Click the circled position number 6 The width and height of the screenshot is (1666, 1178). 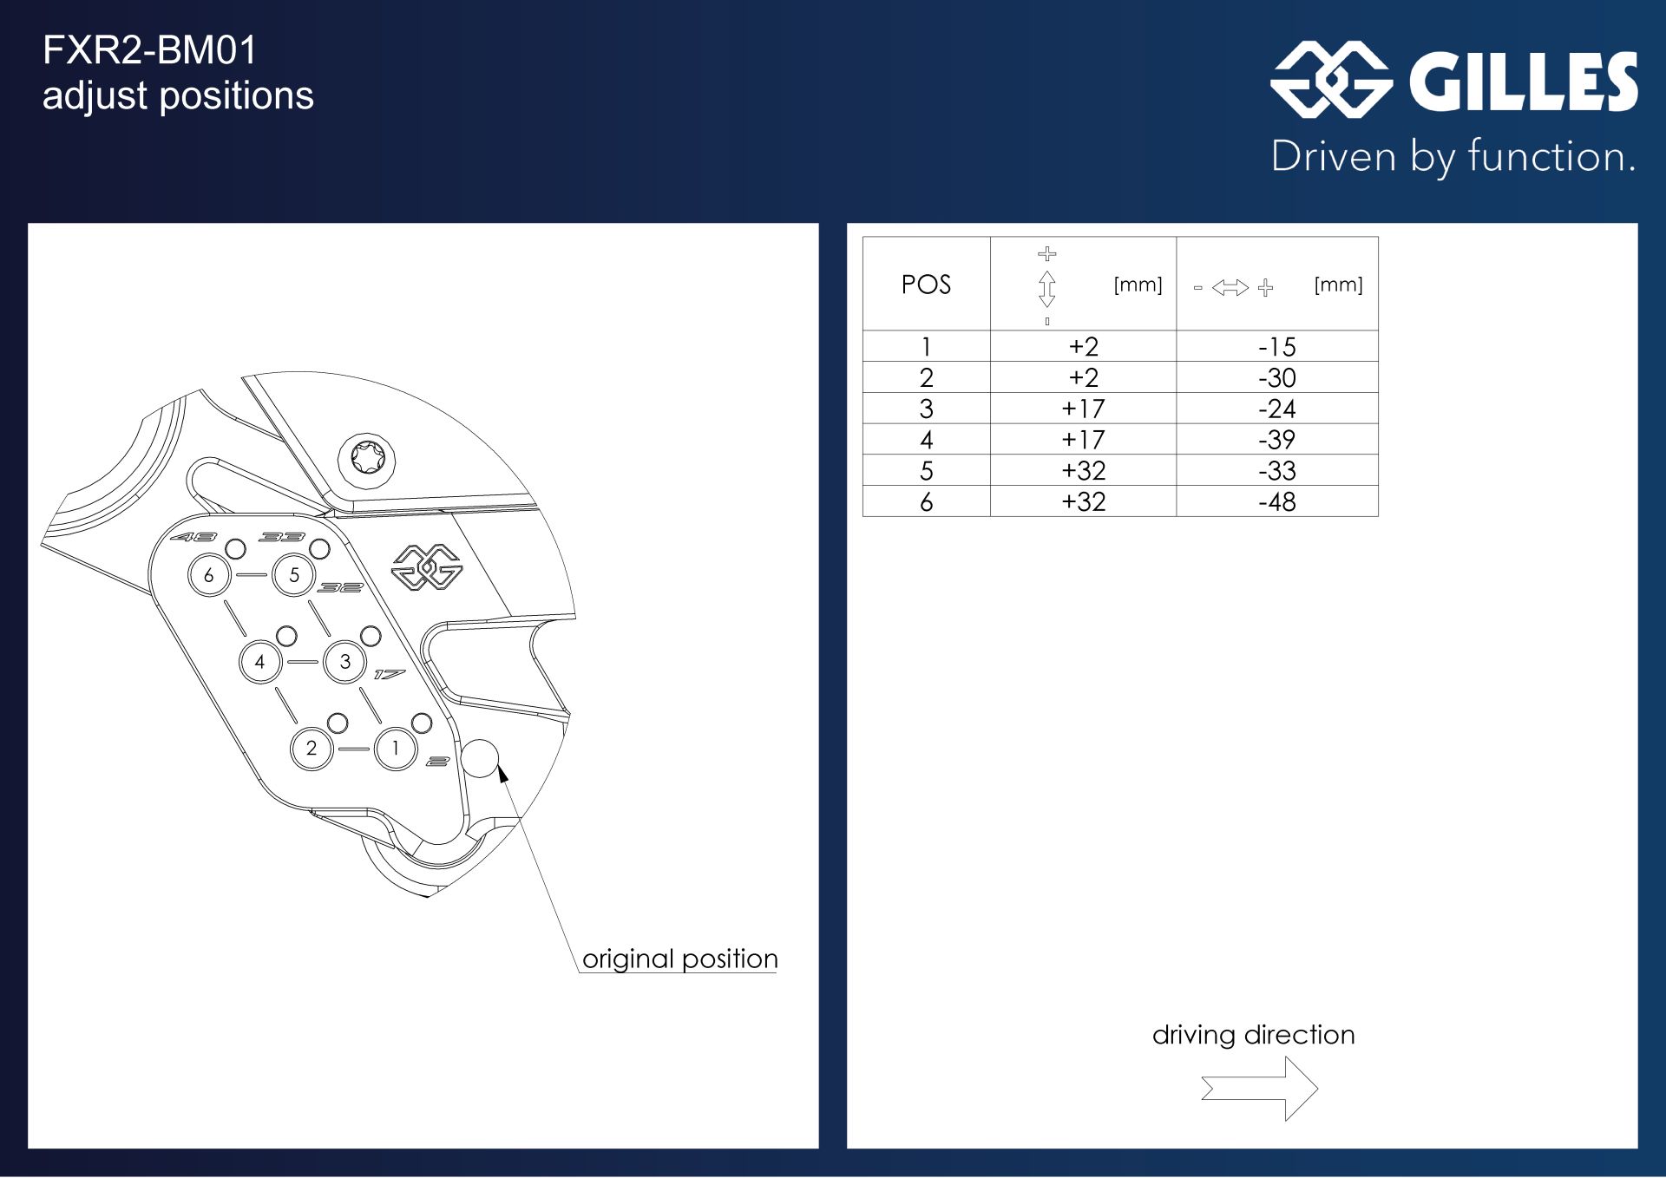point(209,575)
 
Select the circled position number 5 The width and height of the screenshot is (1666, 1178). point(294,575)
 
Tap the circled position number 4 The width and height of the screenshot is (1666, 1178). point(260,662)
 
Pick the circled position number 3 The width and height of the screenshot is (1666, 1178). point(345,662)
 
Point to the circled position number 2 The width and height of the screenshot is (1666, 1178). point(312,749)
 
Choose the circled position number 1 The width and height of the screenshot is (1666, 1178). point(396,749)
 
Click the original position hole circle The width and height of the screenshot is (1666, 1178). point(480,759)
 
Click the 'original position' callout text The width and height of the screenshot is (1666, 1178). point(680,959)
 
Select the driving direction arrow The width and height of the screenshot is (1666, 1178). point(1259,1088)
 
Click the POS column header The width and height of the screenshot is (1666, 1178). point(926,285)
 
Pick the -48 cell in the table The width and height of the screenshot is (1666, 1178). point(1277,501)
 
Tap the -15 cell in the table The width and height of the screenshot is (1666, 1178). point(1277,347)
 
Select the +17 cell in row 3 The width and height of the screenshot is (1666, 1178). point(1084,409)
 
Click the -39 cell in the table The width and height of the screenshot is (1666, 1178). point(1277,440)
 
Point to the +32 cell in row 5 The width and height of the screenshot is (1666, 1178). point(1084,470)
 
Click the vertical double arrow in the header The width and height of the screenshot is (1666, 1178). point(1047,289)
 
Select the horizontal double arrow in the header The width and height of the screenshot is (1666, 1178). point(1230,288)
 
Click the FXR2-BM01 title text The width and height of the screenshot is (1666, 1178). point(150,50)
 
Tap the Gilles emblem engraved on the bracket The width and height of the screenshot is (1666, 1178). point(428,567)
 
